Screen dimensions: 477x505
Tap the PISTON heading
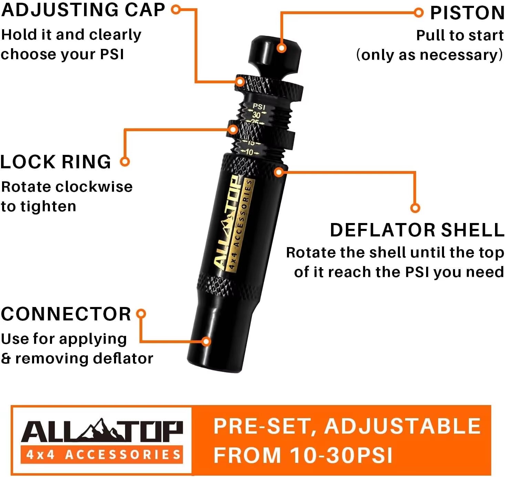(467, 13)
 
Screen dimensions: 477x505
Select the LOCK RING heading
(56, 162)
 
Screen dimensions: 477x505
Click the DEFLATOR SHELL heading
(417, 230)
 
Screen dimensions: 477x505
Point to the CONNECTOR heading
(66, 314)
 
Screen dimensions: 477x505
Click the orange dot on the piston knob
(281, 48)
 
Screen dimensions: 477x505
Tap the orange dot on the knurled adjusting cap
(240, 82)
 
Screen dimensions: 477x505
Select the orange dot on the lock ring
(233, 130)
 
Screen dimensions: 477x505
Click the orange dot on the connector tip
(206, 341)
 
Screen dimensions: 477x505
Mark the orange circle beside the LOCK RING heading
(125, 161)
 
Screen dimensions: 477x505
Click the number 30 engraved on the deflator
(256, 115)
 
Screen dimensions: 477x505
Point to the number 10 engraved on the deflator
(249, 152)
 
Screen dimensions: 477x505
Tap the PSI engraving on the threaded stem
(259, 107)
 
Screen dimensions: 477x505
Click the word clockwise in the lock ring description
(94, 187)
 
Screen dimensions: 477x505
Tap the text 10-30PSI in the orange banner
(341, 455)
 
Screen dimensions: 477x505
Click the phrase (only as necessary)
(430, 55)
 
